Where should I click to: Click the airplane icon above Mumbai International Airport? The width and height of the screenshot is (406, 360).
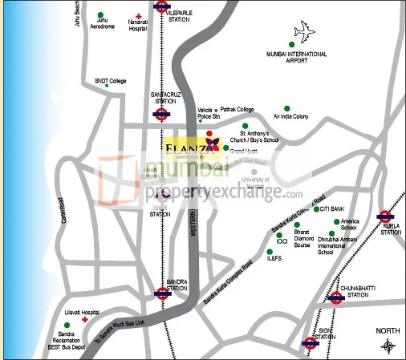point(305,34)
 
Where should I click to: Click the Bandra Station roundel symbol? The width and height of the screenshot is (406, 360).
point(163,293)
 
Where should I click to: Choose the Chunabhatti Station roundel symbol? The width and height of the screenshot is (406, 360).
point(335,298)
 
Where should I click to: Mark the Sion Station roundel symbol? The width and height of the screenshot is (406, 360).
point(310,342)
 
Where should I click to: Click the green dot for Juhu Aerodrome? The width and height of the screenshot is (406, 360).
point(100,15)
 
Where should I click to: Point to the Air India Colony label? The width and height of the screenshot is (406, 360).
point(290,116)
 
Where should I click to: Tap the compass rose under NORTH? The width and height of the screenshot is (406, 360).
point(388,346)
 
